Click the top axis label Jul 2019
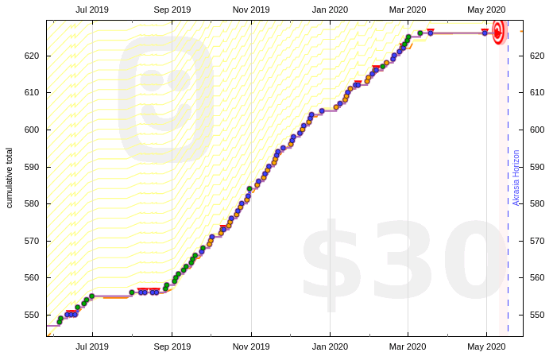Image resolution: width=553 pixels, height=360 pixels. pos(92,10)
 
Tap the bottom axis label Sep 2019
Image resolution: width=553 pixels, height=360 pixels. pos(172,346)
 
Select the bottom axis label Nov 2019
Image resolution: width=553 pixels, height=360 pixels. pos(250,346)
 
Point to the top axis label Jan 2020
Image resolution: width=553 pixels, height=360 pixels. pos(330,10)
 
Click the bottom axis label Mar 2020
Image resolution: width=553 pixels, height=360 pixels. pos(408,346)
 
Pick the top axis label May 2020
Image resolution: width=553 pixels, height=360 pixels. pos(486,10)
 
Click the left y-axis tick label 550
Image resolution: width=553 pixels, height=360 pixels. pos(33,315)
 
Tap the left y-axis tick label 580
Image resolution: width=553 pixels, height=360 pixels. pos(33,203)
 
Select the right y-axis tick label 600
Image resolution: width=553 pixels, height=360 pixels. pos(536,130)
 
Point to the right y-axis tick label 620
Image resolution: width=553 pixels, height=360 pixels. pos(536,56)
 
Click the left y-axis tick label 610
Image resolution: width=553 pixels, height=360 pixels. pos(33,92)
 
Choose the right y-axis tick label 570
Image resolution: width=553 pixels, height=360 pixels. pos(536,241)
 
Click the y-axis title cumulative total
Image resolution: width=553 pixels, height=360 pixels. pos(10,177)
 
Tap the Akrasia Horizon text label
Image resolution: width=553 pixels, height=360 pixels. pos(516,177)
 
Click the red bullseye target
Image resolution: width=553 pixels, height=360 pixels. pos(498,32)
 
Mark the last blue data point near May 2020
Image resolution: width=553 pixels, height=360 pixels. pos(485,33)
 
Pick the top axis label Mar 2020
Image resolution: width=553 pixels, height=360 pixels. pos(408,10)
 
